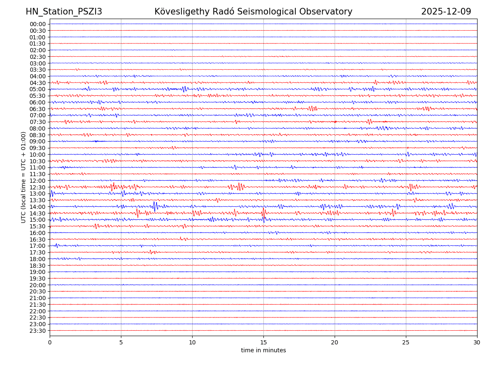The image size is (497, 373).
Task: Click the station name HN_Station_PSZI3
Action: [64, 12]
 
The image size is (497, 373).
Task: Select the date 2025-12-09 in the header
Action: [446, 12]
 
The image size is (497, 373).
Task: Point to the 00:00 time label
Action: [38, 24]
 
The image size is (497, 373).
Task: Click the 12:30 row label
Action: [38, 187]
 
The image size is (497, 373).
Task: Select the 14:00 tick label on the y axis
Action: [38, 207]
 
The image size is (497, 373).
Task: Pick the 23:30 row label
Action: [38, 331]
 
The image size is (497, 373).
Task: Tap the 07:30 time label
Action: [38, 122]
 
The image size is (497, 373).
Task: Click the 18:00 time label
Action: [38, 259]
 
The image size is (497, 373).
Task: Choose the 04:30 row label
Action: [38, 83]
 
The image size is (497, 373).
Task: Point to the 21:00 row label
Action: [38, 298]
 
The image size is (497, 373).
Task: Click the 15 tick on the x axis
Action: [263, 342]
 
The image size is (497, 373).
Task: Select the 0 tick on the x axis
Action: [50, 342]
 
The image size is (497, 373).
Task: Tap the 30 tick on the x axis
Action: [477, 342]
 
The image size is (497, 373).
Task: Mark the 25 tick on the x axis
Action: [406, 342]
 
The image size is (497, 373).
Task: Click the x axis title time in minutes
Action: [263, 351]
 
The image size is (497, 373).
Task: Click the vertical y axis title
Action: [24, 177]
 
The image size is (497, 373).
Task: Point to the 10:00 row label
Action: [38, 155]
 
